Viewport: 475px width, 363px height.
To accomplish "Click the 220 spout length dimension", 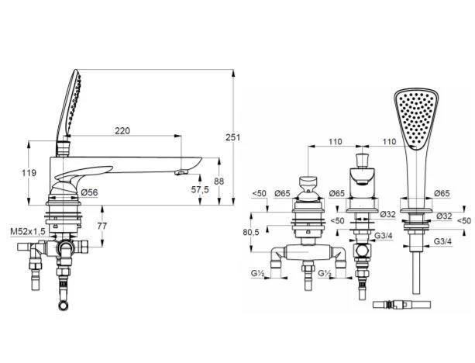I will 122,131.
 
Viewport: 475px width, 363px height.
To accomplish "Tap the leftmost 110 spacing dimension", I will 335,142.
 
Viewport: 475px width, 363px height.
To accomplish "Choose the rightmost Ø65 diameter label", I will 442,193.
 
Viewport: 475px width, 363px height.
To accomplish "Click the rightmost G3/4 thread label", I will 443,242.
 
